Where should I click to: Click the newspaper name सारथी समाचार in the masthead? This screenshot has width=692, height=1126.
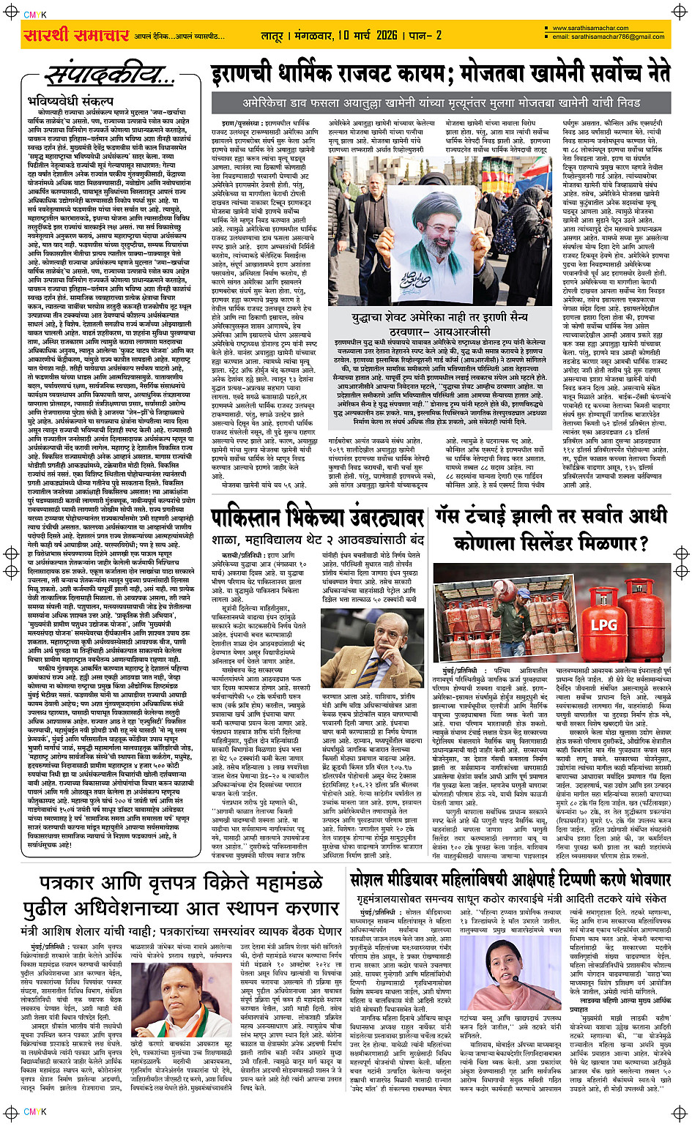[75, 35]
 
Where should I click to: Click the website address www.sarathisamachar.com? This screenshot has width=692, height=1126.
[587, 29]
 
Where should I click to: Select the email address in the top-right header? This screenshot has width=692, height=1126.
[608, 37]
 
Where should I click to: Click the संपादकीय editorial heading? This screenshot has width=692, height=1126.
[110, 76]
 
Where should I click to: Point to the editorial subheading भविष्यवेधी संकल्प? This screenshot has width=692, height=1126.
[70, 100]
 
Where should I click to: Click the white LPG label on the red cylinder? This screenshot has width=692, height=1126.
[603, 624]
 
